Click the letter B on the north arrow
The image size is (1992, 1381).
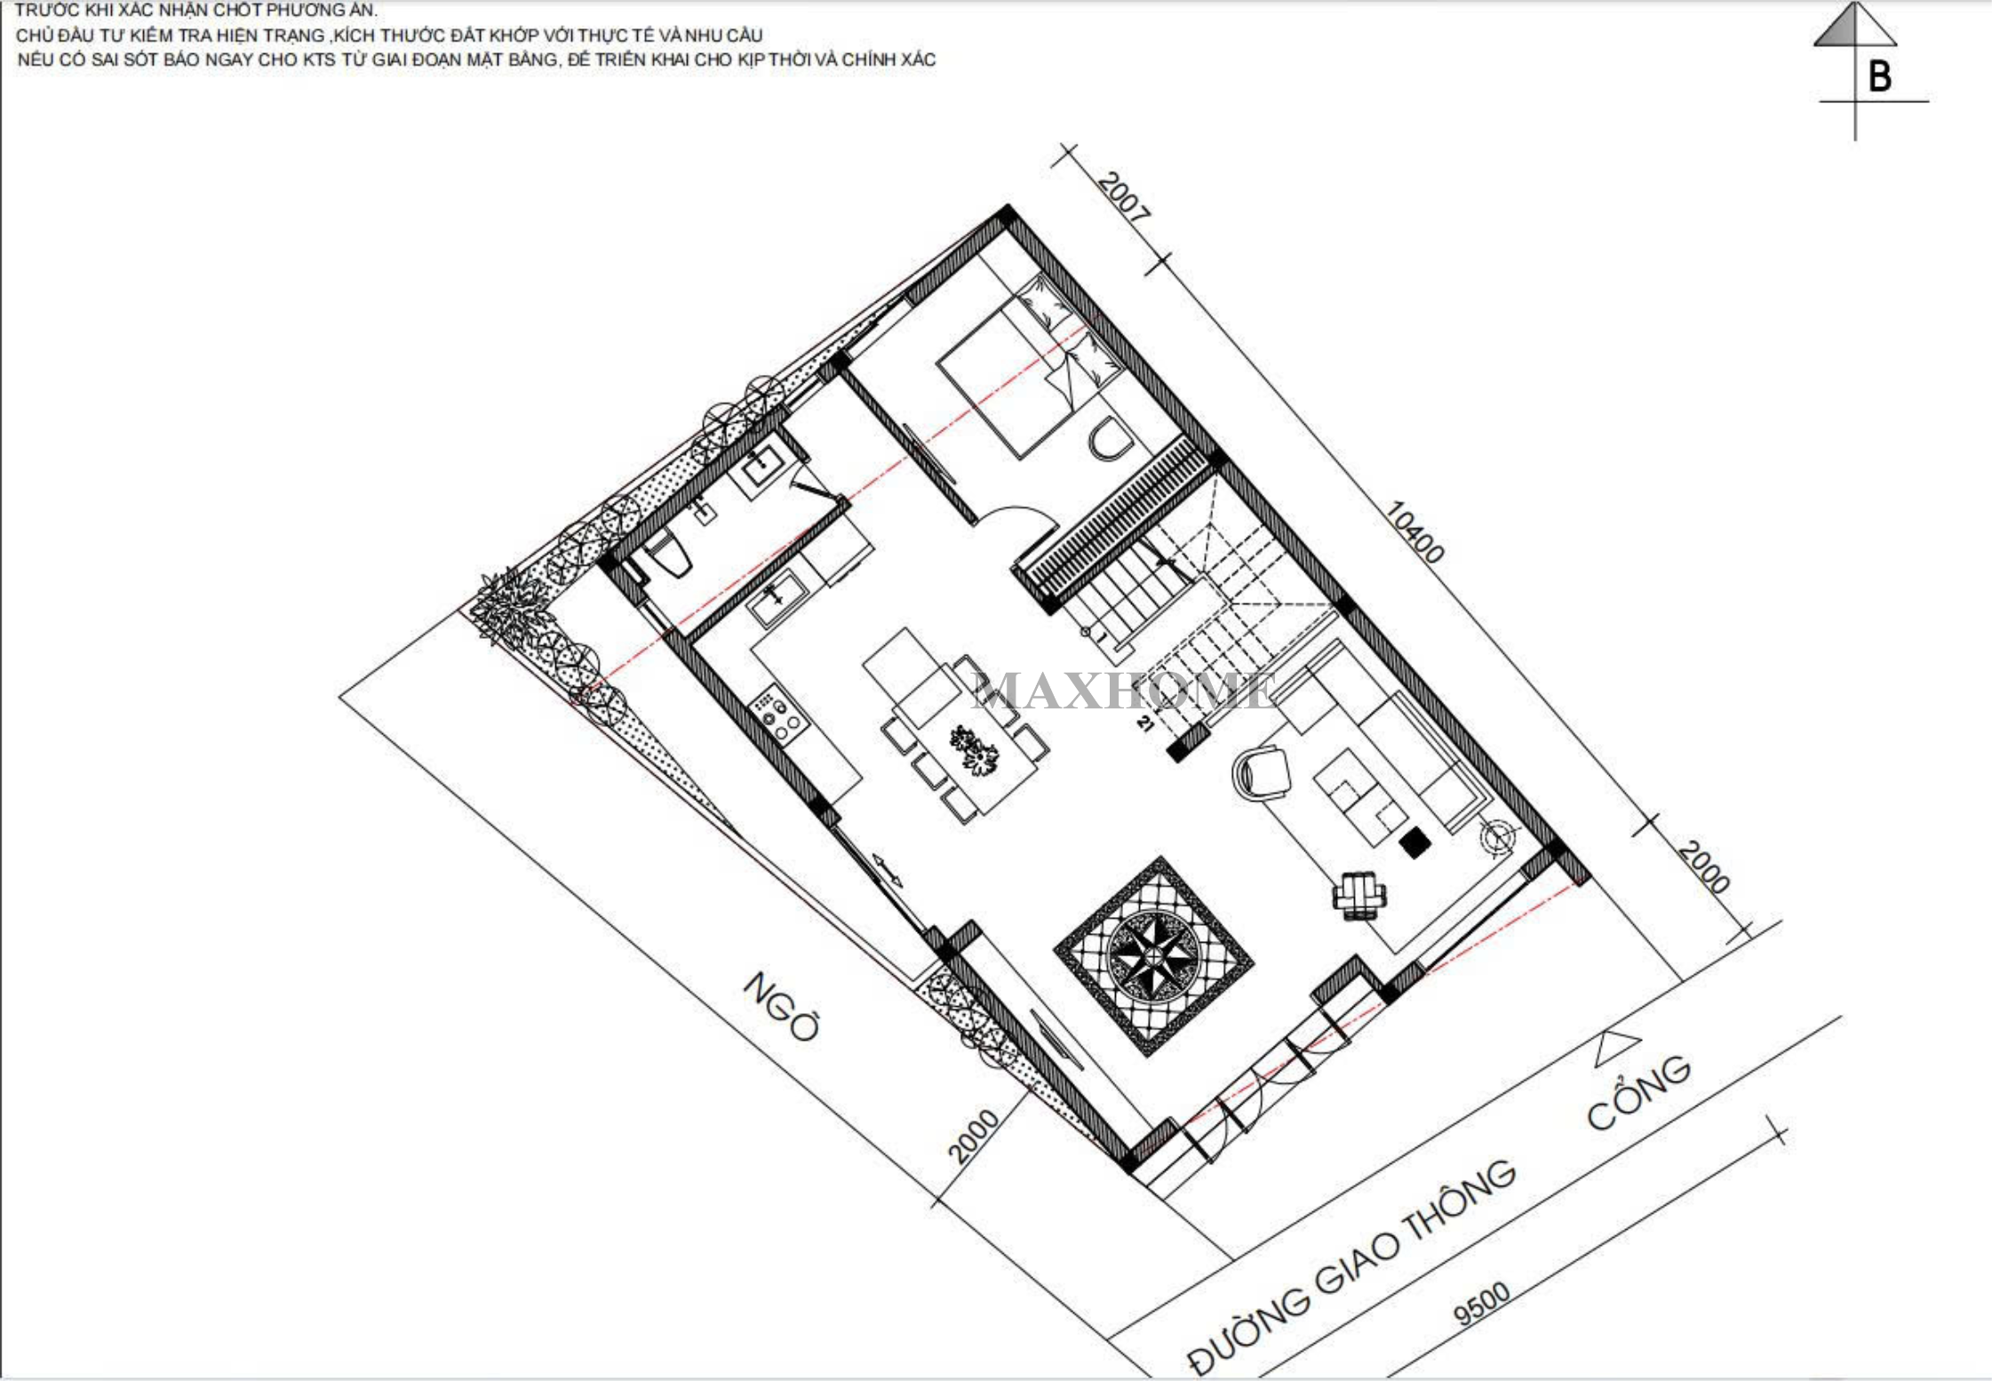click(1879, 76)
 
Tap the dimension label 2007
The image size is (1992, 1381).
click(1123, 196)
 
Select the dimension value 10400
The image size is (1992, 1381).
click(1414, 532)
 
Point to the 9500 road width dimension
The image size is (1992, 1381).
click(1481, 1303)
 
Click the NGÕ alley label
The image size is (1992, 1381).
click(781, 1005)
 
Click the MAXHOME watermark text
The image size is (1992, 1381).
click(1125, 690)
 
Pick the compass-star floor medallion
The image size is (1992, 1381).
click(1153, 956)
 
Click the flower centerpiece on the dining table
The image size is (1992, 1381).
click(975, 749)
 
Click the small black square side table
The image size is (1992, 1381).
click(1414, 842)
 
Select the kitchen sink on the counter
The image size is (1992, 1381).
click(777, 596)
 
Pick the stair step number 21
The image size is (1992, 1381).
click(1144, 723)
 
